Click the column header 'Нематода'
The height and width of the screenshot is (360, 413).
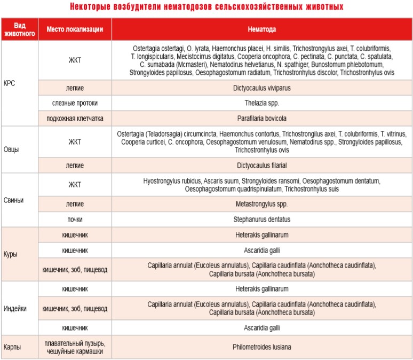(261, 28)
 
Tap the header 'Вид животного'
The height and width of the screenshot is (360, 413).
(19, 28)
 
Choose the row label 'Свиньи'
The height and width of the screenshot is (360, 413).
(13, 200)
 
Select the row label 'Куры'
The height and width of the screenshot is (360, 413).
(11, 254)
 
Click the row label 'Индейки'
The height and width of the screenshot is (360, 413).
(14, 308)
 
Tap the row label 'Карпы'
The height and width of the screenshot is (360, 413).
(12, 347)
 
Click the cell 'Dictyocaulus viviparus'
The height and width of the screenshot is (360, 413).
(261, 87)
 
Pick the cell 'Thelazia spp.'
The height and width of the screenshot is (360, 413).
(261, 102)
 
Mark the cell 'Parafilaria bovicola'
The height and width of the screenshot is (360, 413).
(261, 118)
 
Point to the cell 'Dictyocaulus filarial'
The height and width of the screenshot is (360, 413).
(261, 166)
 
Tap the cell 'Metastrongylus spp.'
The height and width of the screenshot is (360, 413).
(261, 204)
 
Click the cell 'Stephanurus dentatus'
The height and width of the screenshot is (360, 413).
(261, 219)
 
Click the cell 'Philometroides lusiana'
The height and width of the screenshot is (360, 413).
(261, 347)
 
